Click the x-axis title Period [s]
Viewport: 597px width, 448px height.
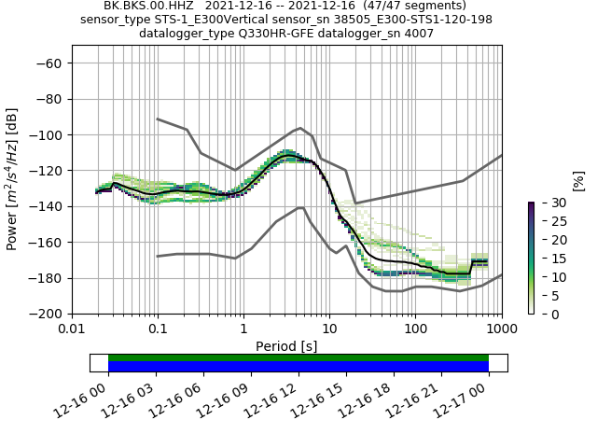pyautogui.click(x=286, y=346)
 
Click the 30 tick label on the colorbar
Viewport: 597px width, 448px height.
pyautogui.click(x=547, y=203)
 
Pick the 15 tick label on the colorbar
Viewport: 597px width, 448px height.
pyautogui.click(x=547, y=259)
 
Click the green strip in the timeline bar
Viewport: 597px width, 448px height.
pyautogui.click(x=298, y=357)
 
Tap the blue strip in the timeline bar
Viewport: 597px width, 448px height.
pyautogui.click(x=298, y=367)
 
